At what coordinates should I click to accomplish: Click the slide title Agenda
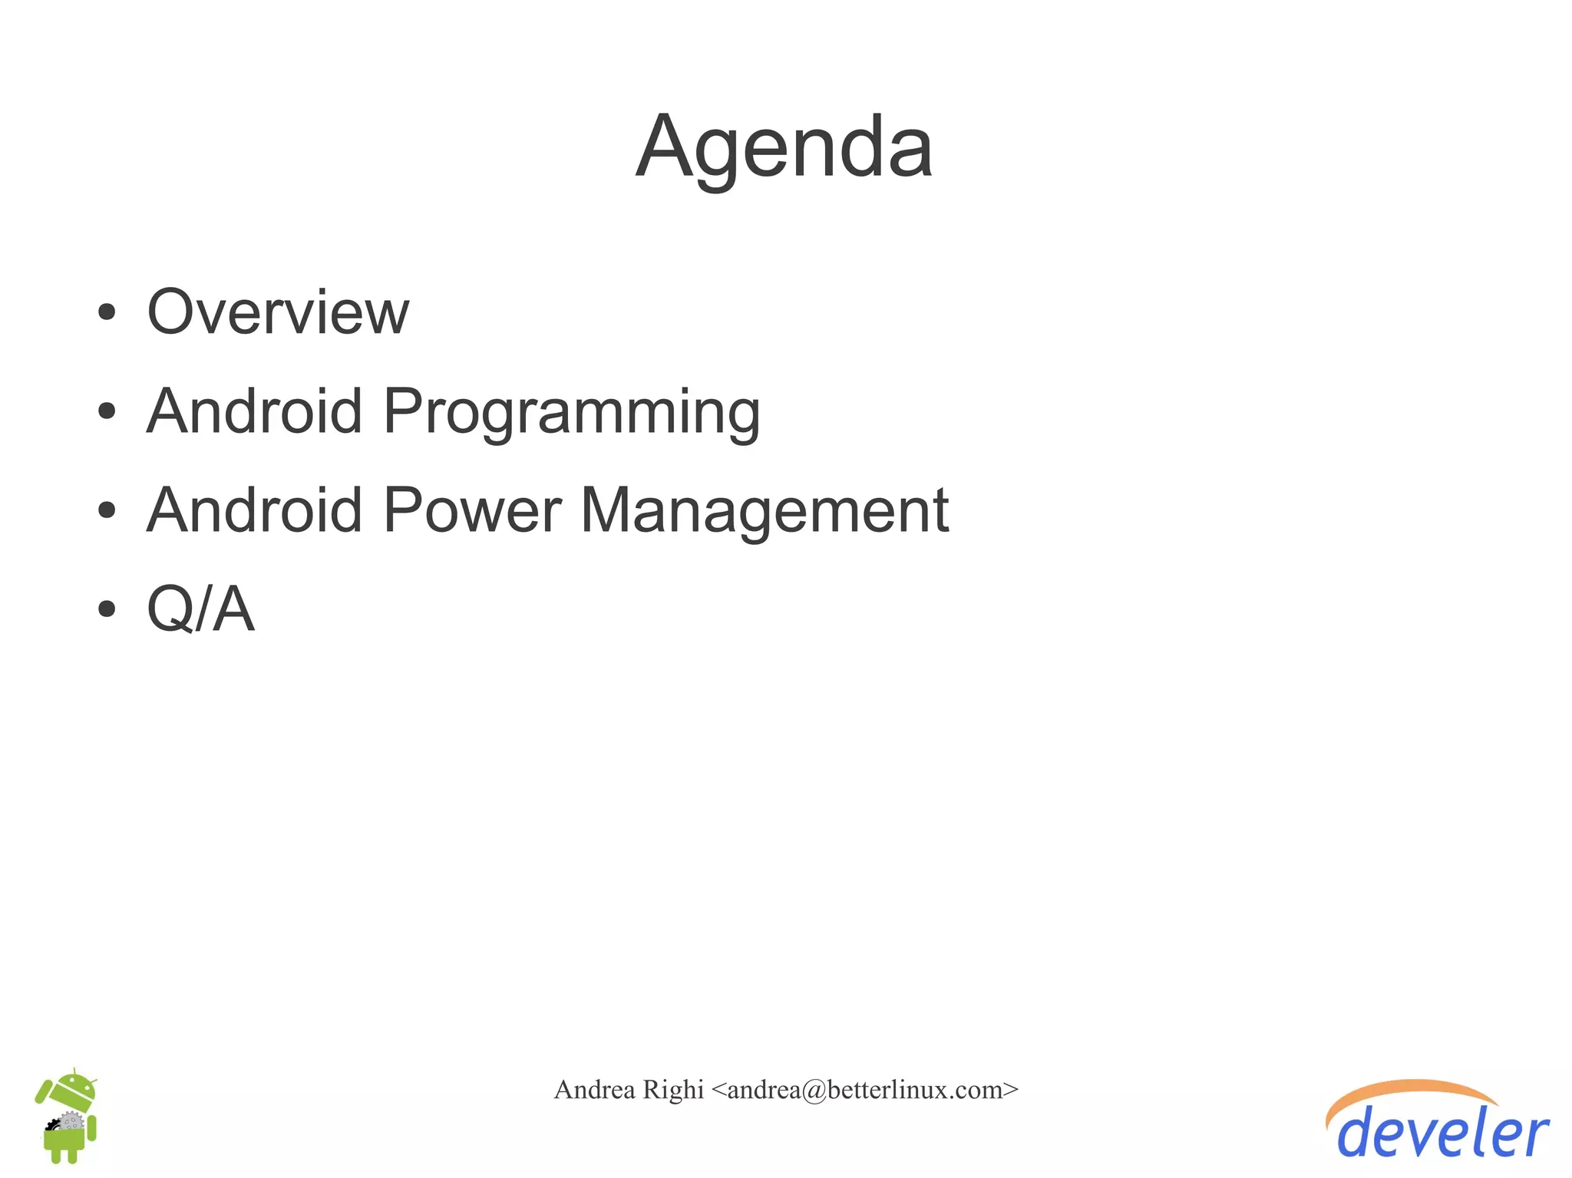tap(784, 147)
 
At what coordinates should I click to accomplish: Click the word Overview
tap(278, 312)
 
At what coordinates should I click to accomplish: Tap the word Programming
tap(571, 413)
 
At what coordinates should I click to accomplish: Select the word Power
tap(472, 510)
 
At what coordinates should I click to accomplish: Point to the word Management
tap(765, 512)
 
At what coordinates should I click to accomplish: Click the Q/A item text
tap(200, 609)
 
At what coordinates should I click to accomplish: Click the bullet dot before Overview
tap(107, 312)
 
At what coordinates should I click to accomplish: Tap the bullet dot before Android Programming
tap(107, 411)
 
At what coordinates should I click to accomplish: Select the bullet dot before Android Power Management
tap(107, 510)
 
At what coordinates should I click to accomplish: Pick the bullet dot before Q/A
tap(107, 609)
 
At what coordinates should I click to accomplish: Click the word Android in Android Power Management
tap(254, 510)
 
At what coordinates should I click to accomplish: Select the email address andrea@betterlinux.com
tap(865, 1090)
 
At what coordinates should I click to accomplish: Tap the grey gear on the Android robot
tap(71, 1123)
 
